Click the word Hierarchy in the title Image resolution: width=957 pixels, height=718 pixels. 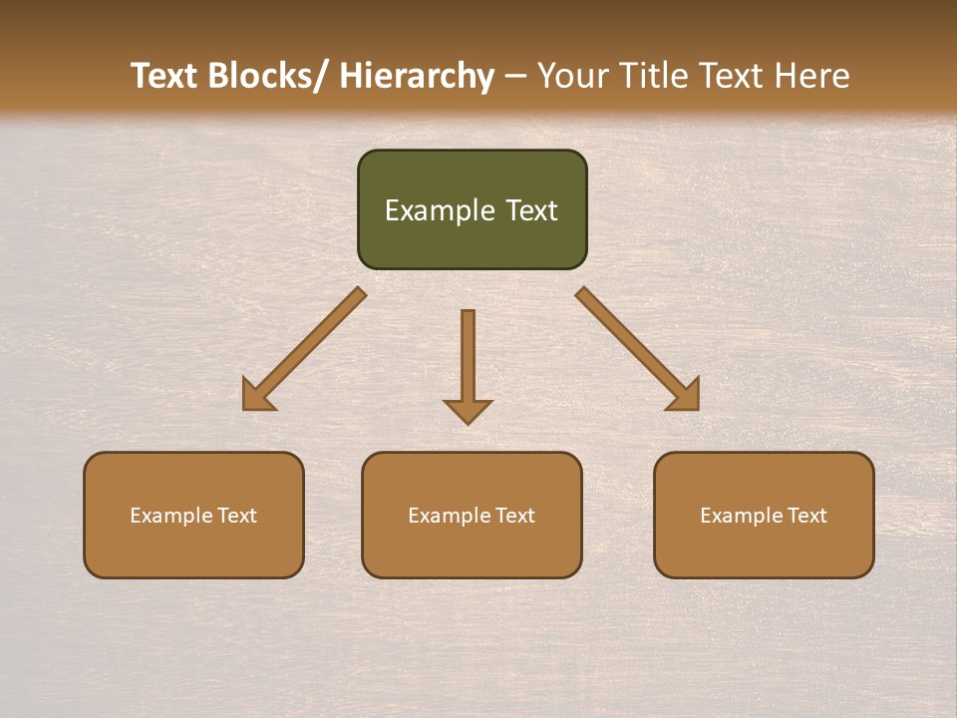pos(417,77)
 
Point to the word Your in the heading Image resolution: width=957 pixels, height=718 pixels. pos(571,77)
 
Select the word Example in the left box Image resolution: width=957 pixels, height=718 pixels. pos(170,516)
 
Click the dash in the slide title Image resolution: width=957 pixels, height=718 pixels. pos(515,77)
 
